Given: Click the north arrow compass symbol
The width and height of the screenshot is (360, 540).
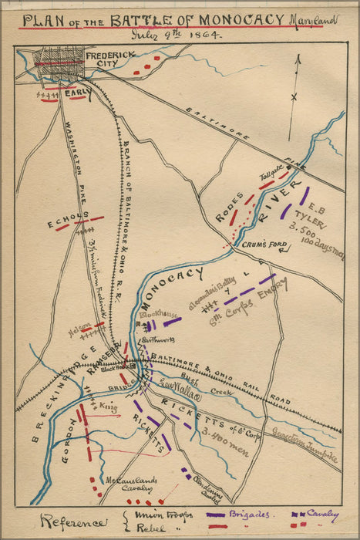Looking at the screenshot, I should pos(294,96).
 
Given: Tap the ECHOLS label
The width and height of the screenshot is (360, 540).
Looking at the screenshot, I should pos(62,224).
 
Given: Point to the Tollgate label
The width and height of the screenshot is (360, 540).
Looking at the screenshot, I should pos(272,177).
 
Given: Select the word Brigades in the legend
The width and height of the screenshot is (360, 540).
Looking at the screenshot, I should pos(248,513).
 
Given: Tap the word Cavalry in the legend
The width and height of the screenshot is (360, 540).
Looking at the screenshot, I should pos(322,512).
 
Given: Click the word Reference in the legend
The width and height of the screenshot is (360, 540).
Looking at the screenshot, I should pos(75,522).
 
